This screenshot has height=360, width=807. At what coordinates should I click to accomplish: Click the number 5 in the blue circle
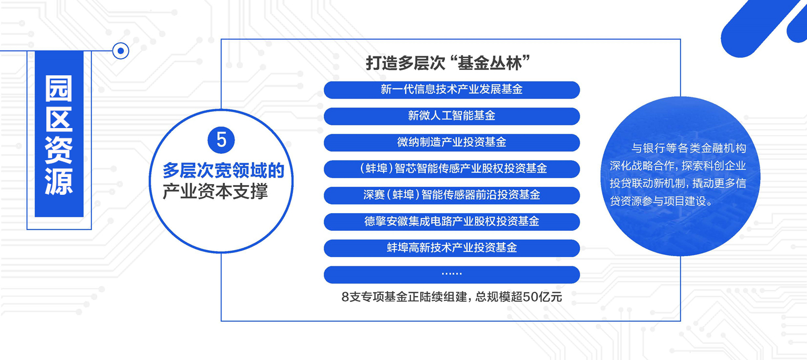click(x=221, y=140)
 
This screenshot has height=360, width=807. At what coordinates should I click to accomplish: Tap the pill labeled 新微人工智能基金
click(x=452, y=116)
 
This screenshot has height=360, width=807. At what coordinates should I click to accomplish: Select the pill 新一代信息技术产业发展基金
click(x=452, y=90)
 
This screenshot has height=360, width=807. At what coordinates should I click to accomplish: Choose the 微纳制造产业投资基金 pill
click(x=452, y=143)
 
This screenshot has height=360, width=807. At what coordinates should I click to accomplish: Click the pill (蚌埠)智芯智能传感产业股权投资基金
click(x=452, y=169)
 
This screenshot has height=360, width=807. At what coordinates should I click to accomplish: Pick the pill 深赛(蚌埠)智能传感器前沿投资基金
click(x=452, y=195)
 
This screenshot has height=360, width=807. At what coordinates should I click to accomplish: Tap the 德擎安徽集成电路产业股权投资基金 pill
click(x=452, y=222)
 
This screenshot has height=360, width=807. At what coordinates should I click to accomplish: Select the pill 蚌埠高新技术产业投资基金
click(x=452, y=248)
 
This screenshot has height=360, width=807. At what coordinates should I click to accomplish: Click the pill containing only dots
click(x=452, y=274)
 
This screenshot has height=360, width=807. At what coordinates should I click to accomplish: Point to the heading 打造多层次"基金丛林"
click(x=448, y=63)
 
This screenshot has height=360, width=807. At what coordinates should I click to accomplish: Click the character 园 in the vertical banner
click(x=59, y=89)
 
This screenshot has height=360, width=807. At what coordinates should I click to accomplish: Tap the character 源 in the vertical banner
click(x=59, y=182)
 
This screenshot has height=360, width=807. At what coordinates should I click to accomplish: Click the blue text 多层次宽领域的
click(x=223, y=171)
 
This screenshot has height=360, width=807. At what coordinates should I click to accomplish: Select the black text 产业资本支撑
click(x=215, y=192)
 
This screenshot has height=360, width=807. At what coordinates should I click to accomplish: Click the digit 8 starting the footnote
click(x=345, y=297)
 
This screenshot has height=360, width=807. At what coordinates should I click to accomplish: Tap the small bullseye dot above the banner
click(x=121, y=51)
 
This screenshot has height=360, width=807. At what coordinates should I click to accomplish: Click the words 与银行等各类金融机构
click(x=689, y=148)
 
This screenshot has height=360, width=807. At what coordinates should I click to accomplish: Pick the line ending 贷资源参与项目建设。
click(x=661, y=201)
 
